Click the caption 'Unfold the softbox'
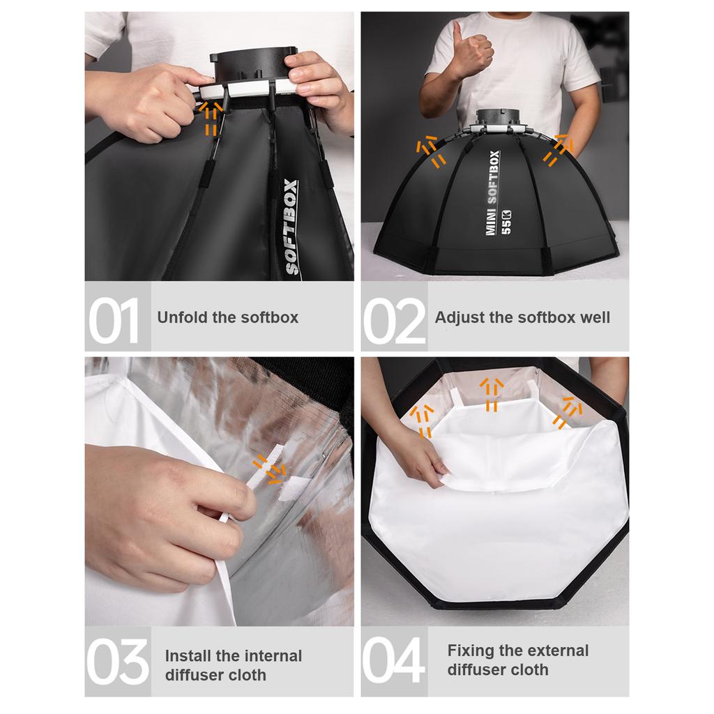(x=227, y=318)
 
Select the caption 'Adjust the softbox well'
(x=522, y=318)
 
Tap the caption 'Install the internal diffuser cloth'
(x=233, y=665)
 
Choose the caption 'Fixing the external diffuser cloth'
(x=517, y=660)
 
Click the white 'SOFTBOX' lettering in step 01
(x=291, y=227)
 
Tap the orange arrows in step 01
(x=208, y=117)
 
